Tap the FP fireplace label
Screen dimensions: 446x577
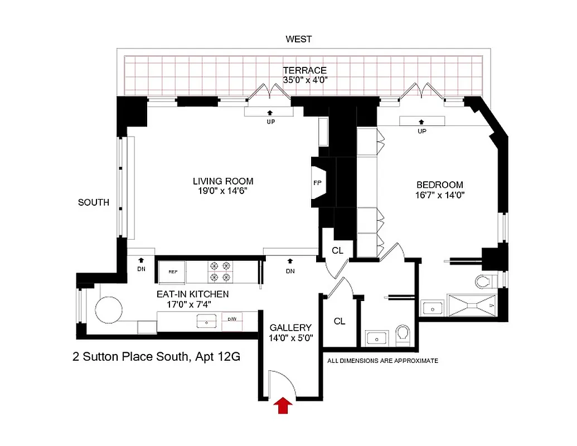(x=317, y=182)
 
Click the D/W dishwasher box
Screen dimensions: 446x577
(x=232, y=320)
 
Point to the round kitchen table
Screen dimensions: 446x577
(x=109, y=307)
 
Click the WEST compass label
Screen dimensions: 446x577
(x=299, y=40)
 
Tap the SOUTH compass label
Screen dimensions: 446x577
(x=94, y=202)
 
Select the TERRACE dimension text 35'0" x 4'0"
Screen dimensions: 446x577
(x=304, y=80)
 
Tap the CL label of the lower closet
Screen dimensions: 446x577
(x=340, y=321)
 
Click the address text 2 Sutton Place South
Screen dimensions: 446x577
(x=157, y=357)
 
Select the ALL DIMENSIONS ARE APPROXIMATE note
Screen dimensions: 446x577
(x=383, y=361)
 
